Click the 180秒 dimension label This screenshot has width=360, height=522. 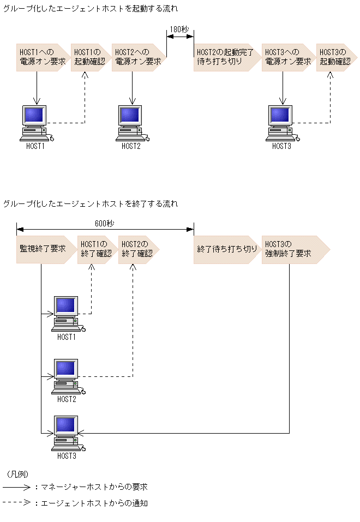tap(180, 29)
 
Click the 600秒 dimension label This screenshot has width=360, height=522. tap(104, 223)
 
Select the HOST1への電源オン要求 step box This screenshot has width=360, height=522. tap(43, 57)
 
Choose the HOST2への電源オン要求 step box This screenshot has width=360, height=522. tap(139, 57)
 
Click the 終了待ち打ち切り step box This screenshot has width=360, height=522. tap(227, 249)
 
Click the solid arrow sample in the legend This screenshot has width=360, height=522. tap(16, 487)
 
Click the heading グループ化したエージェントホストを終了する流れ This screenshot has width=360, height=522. tap(91, 204)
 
